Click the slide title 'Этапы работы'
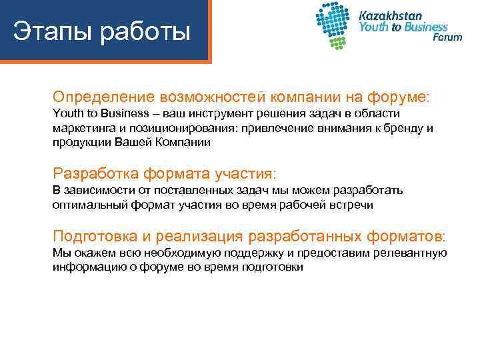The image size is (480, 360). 102,32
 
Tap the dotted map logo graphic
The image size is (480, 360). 335,25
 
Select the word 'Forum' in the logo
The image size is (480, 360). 447,37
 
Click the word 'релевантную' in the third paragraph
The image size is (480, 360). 411,253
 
